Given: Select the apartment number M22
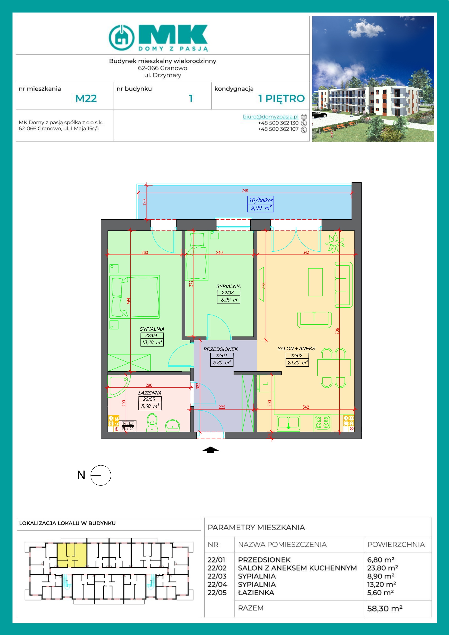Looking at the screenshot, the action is [86, 98].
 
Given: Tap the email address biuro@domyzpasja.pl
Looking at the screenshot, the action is [270, 117].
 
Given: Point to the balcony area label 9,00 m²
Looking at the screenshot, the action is [260, 208].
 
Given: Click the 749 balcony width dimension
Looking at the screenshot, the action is [245, 191].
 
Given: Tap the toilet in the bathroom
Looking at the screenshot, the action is [152, 422].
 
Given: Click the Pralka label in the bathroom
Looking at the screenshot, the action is [128, 423].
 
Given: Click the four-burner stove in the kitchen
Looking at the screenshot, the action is [322, 423].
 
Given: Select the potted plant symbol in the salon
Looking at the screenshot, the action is [335, 243].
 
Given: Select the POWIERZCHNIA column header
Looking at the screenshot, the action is [396, 544].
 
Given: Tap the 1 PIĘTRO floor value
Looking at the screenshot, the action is [281, 99].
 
